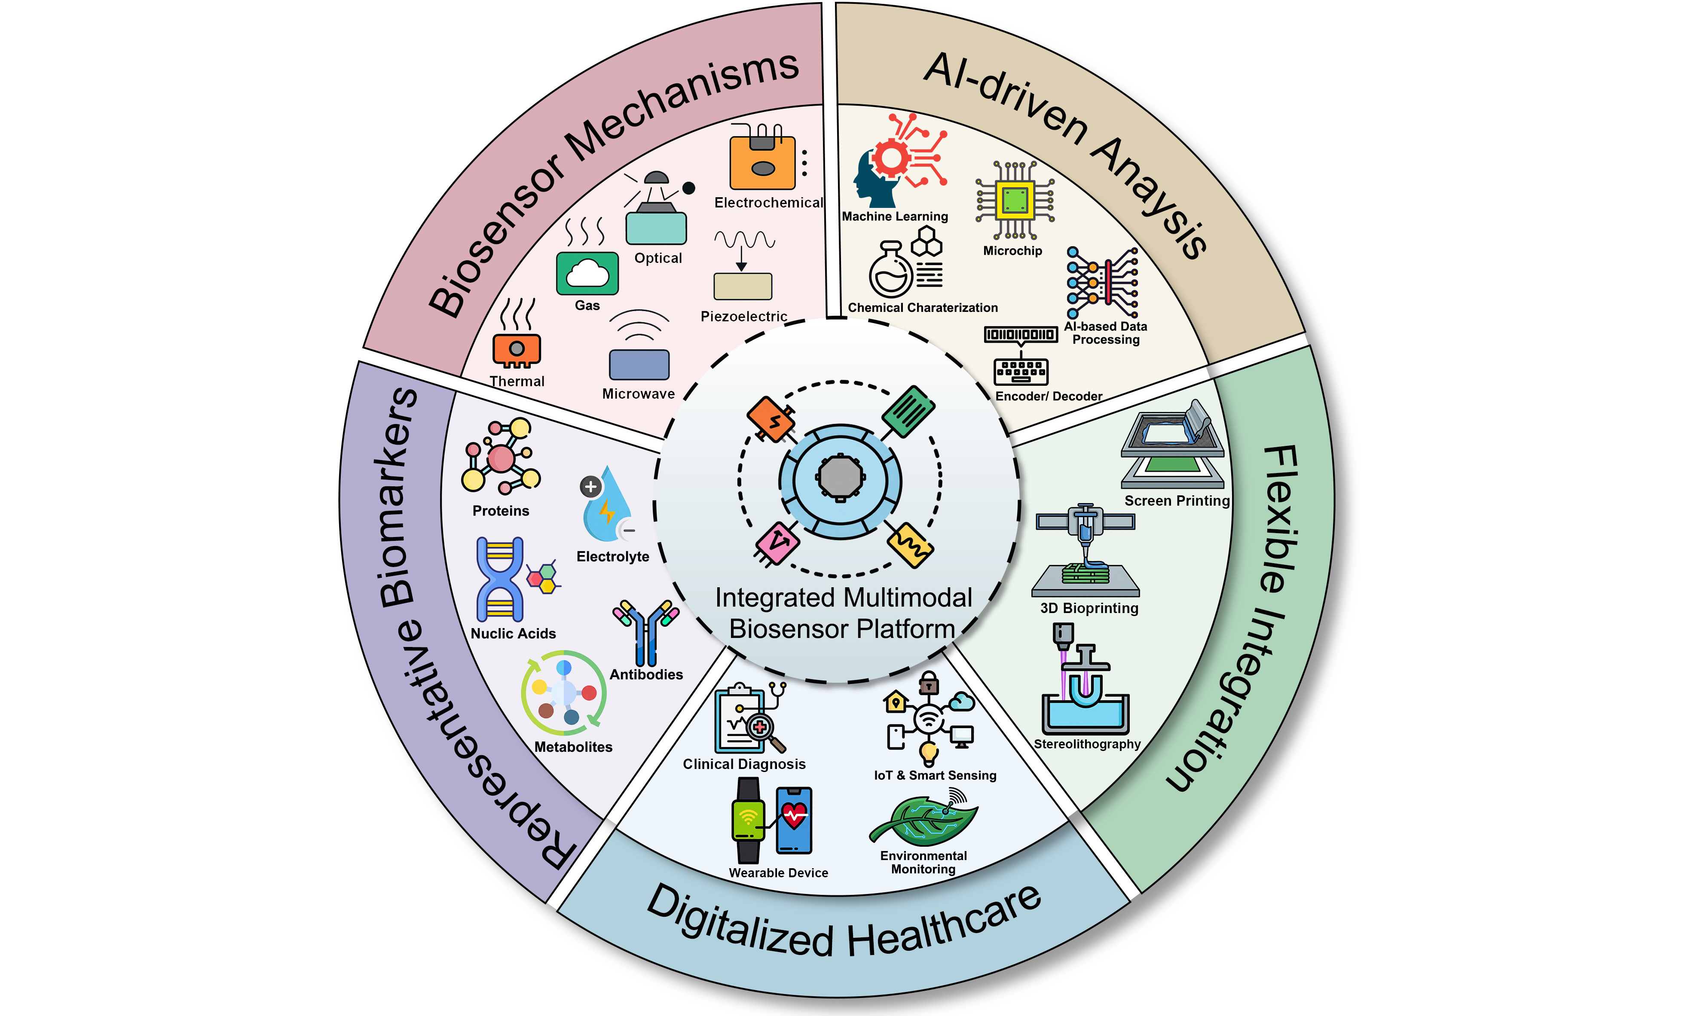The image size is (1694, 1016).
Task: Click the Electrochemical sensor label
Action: pyautogui.click(x=768, y=203)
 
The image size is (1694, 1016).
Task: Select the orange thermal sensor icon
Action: pyautogui.click(x=516, y=349)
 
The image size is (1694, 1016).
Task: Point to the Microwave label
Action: pyautogui.click(x=638, y=394)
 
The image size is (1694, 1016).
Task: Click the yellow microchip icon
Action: pyautogui.click(x=1014, y=200)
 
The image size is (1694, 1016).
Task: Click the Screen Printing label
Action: pyautogui.click(x=1176, y=500)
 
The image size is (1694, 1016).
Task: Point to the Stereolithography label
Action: pyautogui.click(x=1087, y=744)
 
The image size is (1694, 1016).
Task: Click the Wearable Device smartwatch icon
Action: pyautogui.click(x=749, y=820)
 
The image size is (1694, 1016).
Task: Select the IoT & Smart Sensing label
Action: pyautogui.click(x=935, y=775)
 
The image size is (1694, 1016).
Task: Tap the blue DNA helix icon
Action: pyautogui.click(x=500, y=579)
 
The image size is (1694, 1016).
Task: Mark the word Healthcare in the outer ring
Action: pyautogui.click(x=945, y=924)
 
